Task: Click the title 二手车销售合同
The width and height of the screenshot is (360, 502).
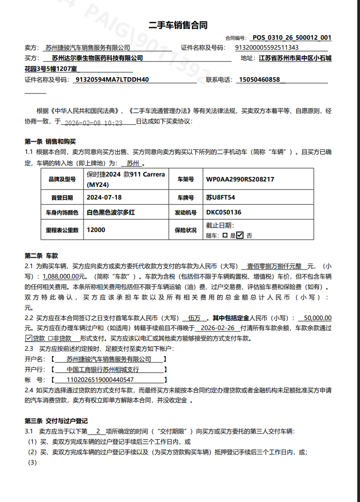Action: point(178,25)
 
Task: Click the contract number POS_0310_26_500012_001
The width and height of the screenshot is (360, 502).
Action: point(292,38)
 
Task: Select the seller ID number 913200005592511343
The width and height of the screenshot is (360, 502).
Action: point(267,47)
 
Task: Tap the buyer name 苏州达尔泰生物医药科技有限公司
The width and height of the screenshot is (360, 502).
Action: point(97,58)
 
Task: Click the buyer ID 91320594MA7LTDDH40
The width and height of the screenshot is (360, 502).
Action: point(112,80)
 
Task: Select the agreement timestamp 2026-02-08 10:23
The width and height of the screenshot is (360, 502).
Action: point(94,122)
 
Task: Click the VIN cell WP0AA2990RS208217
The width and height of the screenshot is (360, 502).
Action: point(240,179)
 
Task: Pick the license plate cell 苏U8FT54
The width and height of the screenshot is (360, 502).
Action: point(220,198)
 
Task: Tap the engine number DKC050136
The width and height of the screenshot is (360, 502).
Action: point(224,212)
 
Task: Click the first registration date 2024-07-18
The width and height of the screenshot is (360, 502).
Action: point(104,198)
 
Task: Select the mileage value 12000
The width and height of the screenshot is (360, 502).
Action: point(96,230)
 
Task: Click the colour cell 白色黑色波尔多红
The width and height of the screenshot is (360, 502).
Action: point(111,212)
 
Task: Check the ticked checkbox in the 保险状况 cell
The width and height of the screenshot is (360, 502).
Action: point(240,235)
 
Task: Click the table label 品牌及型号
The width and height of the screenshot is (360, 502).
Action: point(62,180)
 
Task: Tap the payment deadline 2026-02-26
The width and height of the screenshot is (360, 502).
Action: point(219,328)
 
